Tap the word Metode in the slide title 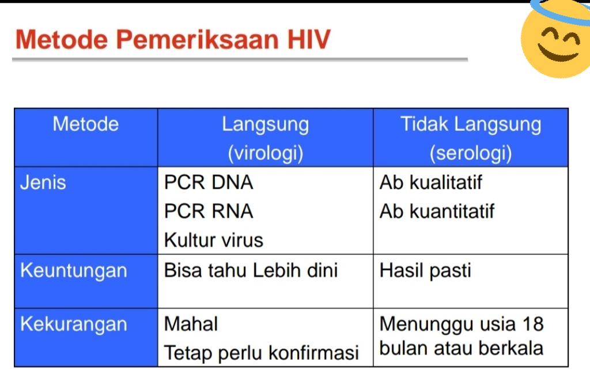(62, 39)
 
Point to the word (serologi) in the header (470, 153)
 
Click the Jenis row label (43, 183)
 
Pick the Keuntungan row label (74, 270)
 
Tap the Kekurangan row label (74, 324)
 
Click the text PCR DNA (209, 183)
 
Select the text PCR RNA (209, 211)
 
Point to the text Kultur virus (213, 240)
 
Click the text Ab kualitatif (430, 183)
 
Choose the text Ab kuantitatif (437, 211)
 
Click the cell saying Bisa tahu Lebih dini (251, 270)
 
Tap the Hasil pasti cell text (425, 270)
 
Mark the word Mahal (191, 324)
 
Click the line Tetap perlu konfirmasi (261, 352)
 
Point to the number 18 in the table (532, 324)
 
